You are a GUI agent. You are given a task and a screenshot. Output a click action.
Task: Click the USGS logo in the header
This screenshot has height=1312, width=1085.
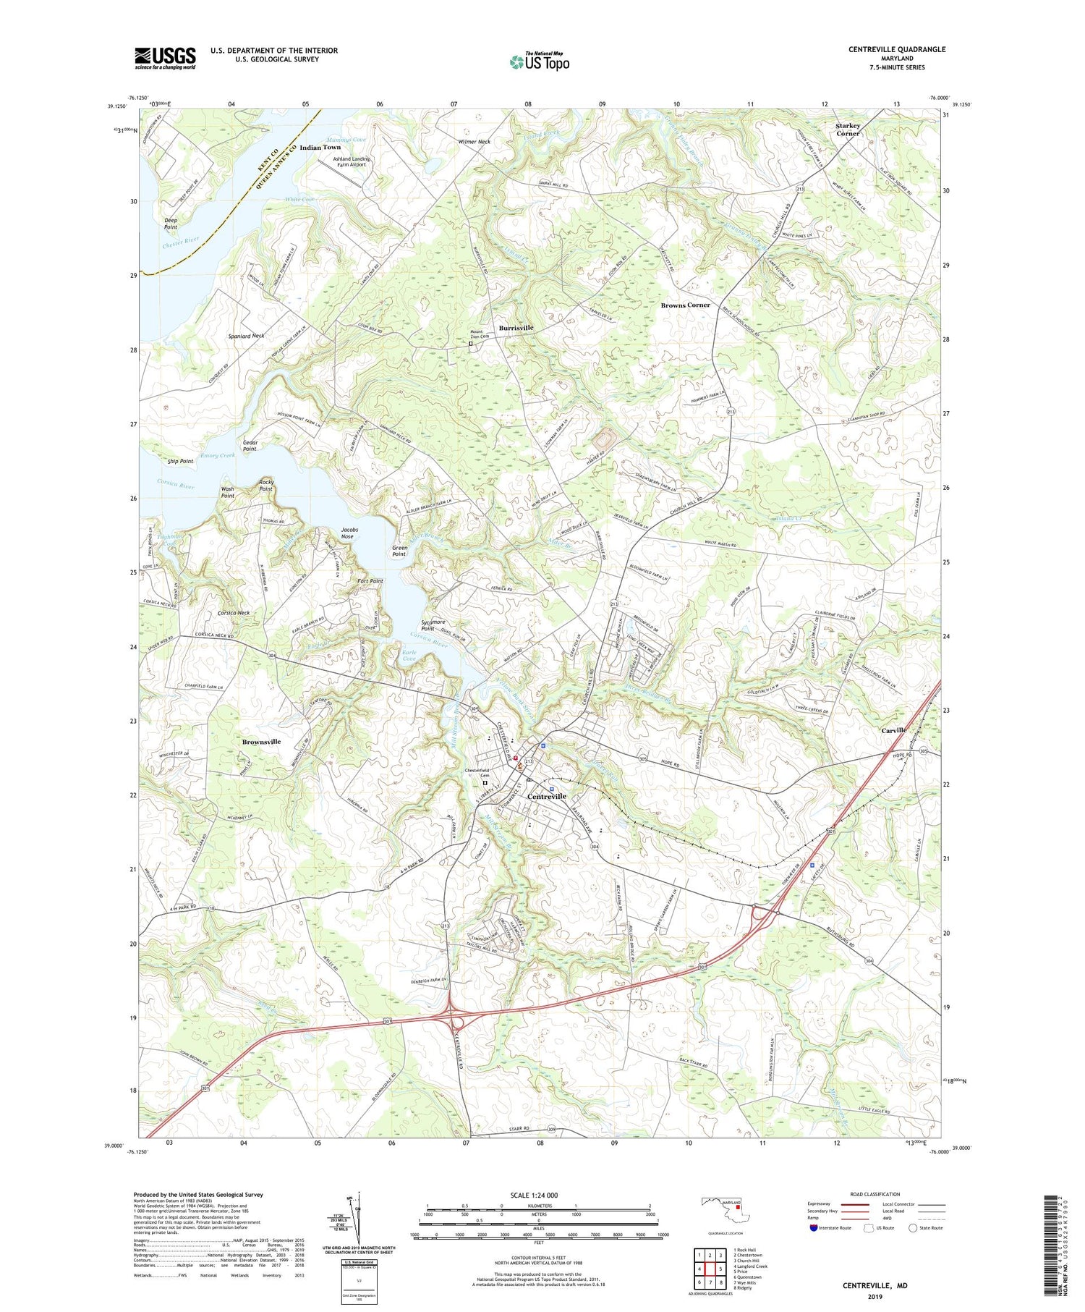(x=165, y=58)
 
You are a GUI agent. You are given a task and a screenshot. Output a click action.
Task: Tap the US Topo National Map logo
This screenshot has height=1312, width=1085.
(x=539, y=62)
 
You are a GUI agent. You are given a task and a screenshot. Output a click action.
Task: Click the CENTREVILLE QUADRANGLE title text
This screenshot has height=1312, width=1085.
(x=897, y=49)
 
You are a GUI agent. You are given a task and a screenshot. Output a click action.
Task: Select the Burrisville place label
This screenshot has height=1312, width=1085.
(x=516, y=328)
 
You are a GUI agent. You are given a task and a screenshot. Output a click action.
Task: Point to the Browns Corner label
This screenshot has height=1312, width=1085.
(x=685, y=305)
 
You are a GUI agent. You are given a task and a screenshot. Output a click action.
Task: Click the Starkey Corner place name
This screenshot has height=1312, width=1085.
(x=848, y=129)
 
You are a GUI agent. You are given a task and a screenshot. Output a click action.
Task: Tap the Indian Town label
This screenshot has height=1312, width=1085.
(x=320, y=147)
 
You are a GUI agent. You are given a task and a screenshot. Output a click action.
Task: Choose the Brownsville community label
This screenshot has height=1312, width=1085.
(x=261, y=742)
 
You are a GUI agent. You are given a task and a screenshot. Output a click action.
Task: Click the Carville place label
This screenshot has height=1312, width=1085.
(x=893, y=730)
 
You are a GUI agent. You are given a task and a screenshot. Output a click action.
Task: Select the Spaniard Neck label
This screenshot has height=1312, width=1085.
(x=246, y=336)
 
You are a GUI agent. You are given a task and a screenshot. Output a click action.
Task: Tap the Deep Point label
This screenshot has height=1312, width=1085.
(x=171, y=223)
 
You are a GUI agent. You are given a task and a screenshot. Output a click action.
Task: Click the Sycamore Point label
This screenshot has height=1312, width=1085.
(x=433, y=625)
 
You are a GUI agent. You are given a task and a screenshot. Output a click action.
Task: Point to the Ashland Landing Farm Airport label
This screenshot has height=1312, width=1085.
(x=351, y=161)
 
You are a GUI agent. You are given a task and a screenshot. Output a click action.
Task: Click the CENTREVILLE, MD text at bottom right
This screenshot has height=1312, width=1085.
(x=874, y=1285)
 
